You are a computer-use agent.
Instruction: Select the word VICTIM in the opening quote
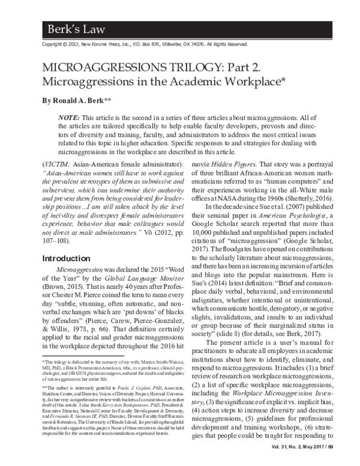point(59,164)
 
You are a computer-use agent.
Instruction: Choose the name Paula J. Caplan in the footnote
point(127,389)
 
